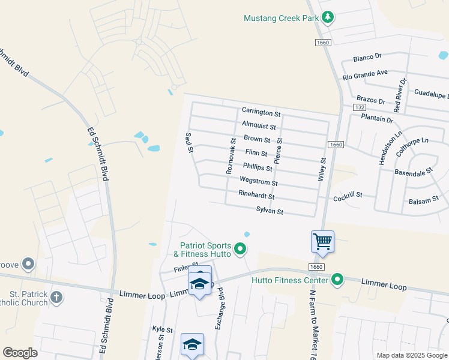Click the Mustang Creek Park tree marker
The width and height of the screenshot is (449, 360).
(x=327, y=18)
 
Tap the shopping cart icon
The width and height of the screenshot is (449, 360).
(x=322, y=241)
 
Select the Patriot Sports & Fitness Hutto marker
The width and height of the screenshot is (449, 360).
(x=240, y=248)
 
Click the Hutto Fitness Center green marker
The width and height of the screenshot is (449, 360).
(x=337, y=280)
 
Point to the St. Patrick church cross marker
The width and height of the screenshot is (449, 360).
(x=56, y=297)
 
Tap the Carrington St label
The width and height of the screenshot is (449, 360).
(x=261, y=112)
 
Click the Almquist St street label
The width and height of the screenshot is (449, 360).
(x=259, y=127)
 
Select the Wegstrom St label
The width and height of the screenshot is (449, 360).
(x=259, y=182)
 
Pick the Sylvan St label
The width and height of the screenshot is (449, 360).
(x=270, y=211)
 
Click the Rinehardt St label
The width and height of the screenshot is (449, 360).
(x=256, y=196)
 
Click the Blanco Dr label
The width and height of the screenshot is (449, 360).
(x=367, y=58)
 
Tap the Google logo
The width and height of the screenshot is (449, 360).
(x=20, y=352)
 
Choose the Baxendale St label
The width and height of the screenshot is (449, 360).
(x=414, y=172)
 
